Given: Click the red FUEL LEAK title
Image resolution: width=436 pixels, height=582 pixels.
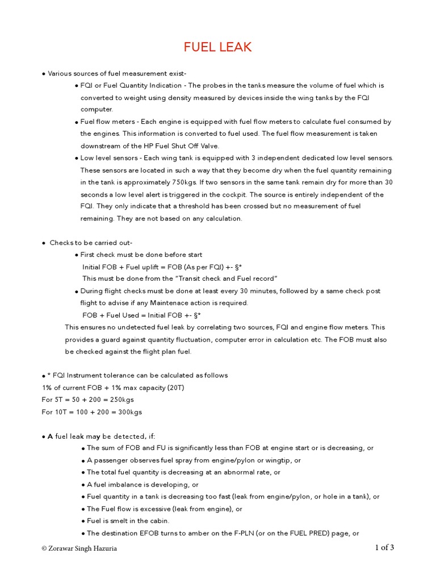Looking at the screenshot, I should click(x=217, y=47).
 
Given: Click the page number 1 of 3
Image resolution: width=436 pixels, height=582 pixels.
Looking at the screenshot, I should click(x=384, y=548).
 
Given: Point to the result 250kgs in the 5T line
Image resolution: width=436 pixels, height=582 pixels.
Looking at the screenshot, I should click(x=131, y=400).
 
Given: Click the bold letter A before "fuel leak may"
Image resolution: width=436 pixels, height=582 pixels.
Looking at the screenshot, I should click(x=50, y=436).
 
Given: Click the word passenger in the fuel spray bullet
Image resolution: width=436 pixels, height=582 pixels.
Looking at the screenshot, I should click(x=111, y=460).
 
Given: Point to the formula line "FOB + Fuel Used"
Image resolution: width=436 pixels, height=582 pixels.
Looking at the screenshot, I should click(x=142, y=315).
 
